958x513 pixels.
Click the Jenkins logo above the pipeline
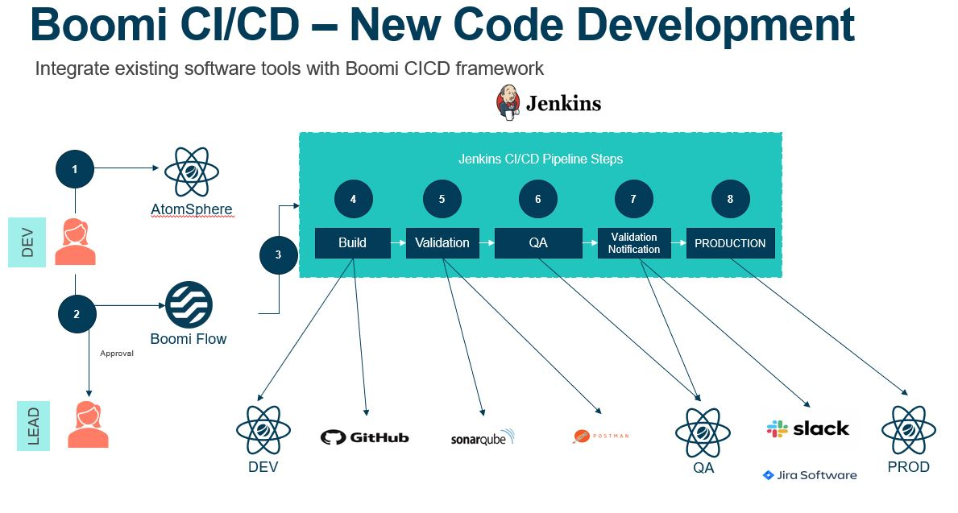click(x=548, y=103)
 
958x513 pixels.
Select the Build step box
click(x=352, y=242)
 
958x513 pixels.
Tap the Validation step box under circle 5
click(x=442, y=242)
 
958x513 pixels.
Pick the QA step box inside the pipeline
click(x=537, y=242)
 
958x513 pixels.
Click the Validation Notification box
click(x=634, y=242)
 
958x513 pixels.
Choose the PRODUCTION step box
click(x=730, y=242)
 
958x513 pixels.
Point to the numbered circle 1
click(x=75, y=170)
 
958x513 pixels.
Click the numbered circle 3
click(x=279, y=255)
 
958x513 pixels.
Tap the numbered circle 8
click(x=730, y=200)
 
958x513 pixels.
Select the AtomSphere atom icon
click(x=192, y=172)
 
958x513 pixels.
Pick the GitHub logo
click(x=364, y=437)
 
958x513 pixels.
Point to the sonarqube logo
click(x=482, y=438)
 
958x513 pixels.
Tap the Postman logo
click(x=600, y=436)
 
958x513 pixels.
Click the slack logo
click(x=807, y=428)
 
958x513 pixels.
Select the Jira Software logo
click(x=810, y=475)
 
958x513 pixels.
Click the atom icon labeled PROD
click(x=908, y=430)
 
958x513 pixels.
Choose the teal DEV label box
click(x=27, y=242)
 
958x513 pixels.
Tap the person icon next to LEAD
click(x=88, y=424)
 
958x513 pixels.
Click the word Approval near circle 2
click(x=116, y=353)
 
